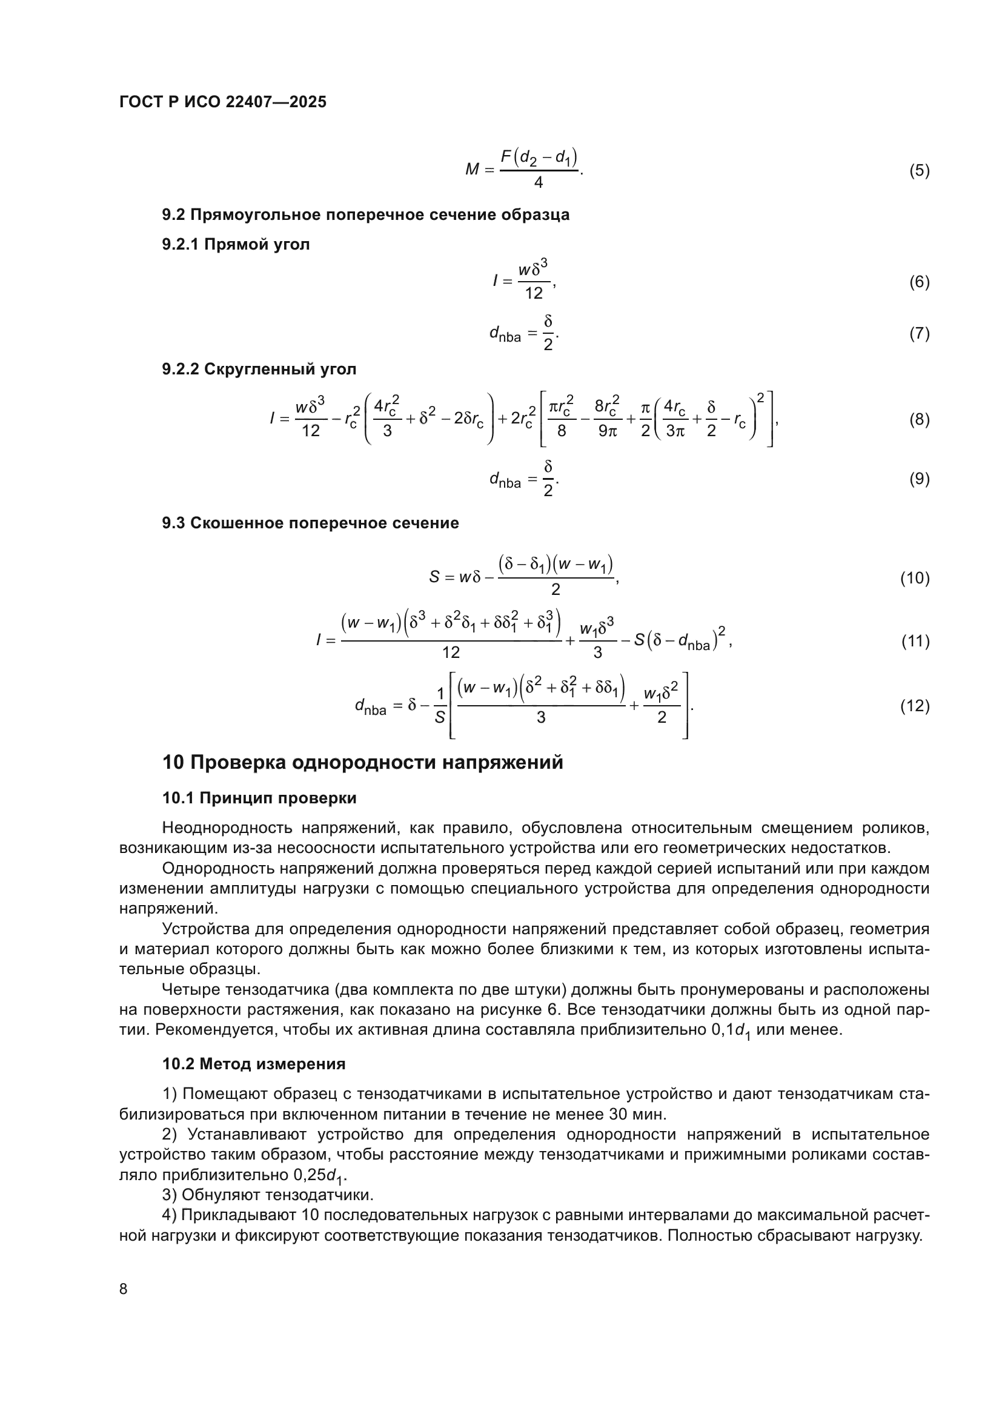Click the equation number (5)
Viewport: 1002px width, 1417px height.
click(x=919, y=170)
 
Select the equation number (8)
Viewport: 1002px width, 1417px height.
click(x=919, y=420)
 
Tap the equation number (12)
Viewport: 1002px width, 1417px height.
click(x=914, y=706)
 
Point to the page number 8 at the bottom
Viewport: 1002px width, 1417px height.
click(x=124, y=1289)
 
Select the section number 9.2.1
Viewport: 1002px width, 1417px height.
click(x=180, y=244)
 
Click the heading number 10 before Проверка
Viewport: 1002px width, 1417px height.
click(x=173, y=763)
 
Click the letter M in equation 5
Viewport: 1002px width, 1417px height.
click(x=472, y=169)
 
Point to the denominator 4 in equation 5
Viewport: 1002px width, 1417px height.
click(x=538, y=183)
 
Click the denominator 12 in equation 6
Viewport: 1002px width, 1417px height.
click(x=534, y=293)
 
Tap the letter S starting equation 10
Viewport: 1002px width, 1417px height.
click(x=434, y=578)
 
